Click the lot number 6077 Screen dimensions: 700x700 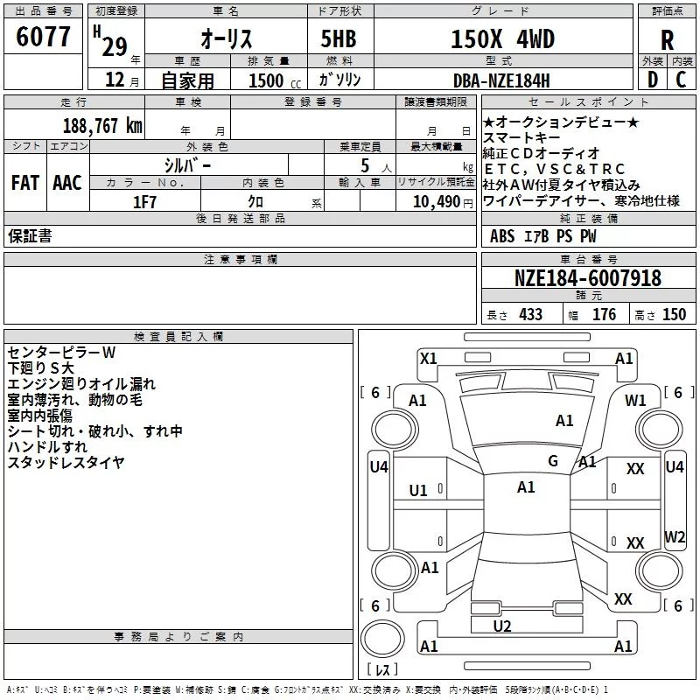[x=43, y=37]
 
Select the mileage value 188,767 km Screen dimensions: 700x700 [x=102, y=126]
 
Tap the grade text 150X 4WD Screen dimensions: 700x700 [x=502, y=38]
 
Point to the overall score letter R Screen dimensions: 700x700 [x=667, y=40]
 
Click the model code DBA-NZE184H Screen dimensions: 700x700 [x=501, y=80]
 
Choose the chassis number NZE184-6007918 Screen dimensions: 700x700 [x=588, y=278]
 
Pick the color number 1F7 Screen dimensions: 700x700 [x=144, y=202]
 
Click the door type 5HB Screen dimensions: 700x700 [x=339, y=38]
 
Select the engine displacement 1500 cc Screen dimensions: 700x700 [x=275, y=80]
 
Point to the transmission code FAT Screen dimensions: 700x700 [x=25, y=183]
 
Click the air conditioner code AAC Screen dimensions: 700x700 [x=67, y=183]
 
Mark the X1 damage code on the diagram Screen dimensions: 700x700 [x=428, y=359]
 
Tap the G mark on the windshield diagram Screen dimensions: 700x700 [x=553, y=461]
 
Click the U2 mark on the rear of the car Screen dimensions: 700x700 [x=502, y=626]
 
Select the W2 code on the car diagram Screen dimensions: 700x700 [x=675, y=536]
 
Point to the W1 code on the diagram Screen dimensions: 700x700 [x=635, y=401]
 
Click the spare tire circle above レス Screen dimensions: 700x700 [x=382, y=639]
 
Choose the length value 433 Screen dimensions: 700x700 [x=531, y=315]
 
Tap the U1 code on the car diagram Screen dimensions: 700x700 [x=418, y=491]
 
